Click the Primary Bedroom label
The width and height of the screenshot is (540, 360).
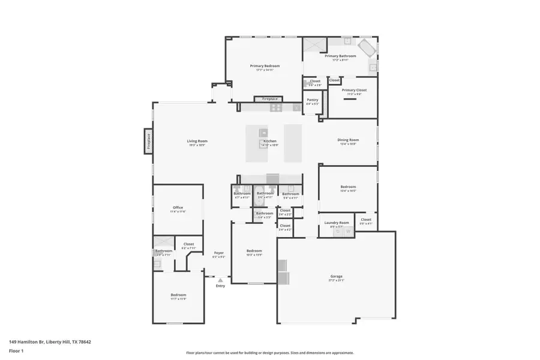[265, 66]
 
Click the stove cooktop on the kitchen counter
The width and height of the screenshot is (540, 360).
[276, 107]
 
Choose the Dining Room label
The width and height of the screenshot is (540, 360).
[348, 140]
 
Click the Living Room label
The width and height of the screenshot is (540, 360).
[197, 141]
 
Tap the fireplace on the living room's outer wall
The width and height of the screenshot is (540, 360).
[148, 140]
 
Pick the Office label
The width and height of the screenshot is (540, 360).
[178, 208]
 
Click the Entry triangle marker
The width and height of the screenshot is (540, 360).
[220, 280]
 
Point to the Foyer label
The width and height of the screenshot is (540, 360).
[219, 253]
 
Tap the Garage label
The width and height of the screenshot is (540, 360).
[336, 276]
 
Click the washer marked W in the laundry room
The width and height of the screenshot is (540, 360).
[347, 231]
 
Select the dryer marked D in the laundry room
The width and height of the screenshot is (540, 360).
[338, 231]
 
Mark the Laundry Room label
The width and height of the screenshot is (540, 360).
[337, 223]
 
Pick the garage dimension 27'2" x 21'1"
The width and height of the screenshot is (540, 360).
[336, 280]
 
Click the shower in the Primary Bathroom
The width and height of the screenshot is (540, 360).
[313, 47]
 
